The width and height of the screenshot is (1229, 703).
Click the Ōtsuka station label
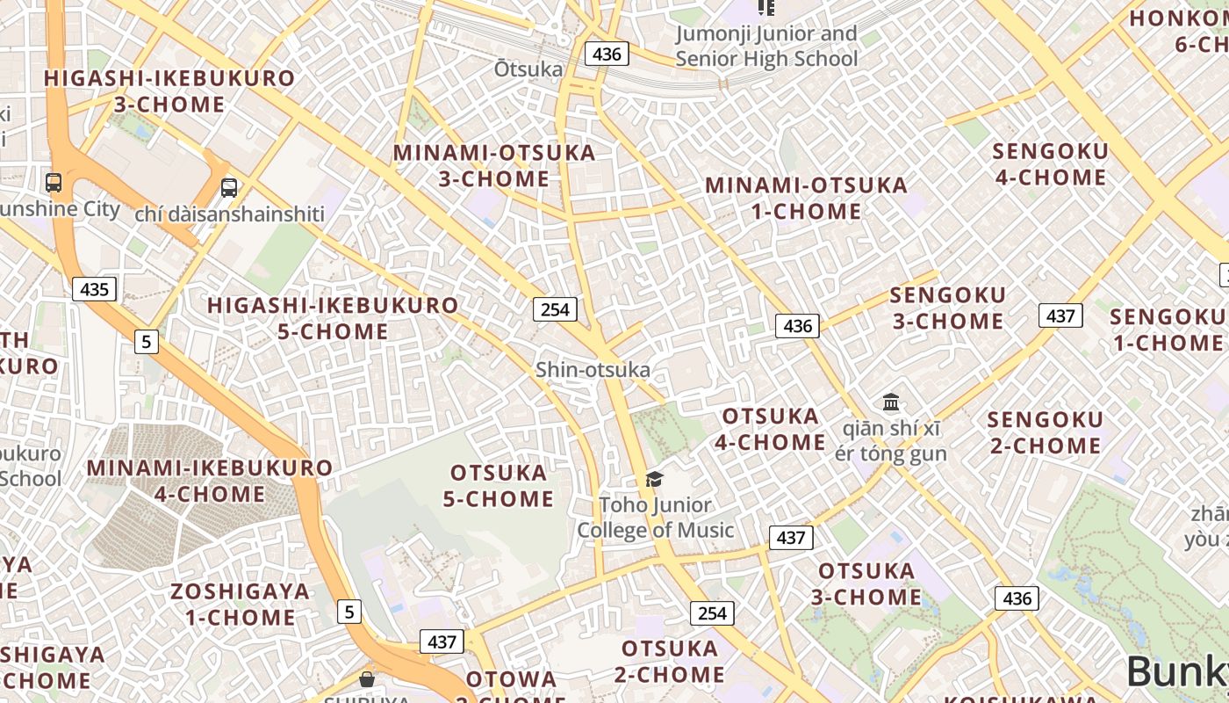point(528,69)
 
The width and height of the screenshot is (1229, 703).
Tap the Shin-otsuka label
point(593,370)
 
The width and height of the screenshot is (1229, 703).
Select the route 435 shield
point(94,289)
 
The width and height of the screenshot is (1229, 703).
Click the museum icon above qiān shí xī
point(892,402)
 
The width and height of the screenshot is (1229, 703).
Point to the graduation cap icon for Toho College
point(654,479)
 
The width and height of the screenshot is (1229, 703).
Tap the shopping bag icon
point(367,679)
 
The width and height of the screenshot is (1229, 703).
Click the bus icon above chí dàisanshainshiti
point(229,187)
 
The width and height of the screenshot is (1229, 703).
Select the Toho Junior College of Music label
point(655,518)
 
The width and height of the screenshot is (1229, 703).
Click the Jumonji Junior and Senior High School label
point(766,47)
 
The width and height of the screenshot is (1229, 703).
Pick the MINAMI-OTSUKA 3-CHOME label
point(494,165)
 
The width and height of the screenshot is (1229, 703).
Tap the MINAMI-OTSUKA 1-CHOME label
point(806,199)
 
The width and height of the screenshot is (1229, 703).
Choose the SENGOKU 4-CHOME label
point(1050,164)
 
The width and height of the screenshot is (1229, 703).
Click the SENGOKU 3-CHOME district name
point(948,308)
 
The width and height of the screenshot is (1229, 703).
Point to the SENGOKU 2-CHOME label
point(1045,432)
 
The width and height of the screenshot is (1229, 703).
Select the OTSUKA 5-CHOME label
point(498,486)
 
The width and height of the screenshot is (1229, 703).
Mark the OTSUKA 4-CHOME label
point(770,429)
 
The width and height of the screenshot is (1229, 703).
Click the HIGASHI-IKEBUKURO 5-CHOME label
point(333,318)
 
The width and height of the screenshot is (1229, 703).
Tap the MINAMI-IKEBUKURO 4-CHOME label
point(210,481)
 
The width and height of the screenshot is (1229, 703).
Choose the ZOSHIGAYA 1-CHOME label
point(241,604)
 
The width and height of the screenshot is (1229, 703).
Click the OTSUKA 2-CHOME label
point(670,662)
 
